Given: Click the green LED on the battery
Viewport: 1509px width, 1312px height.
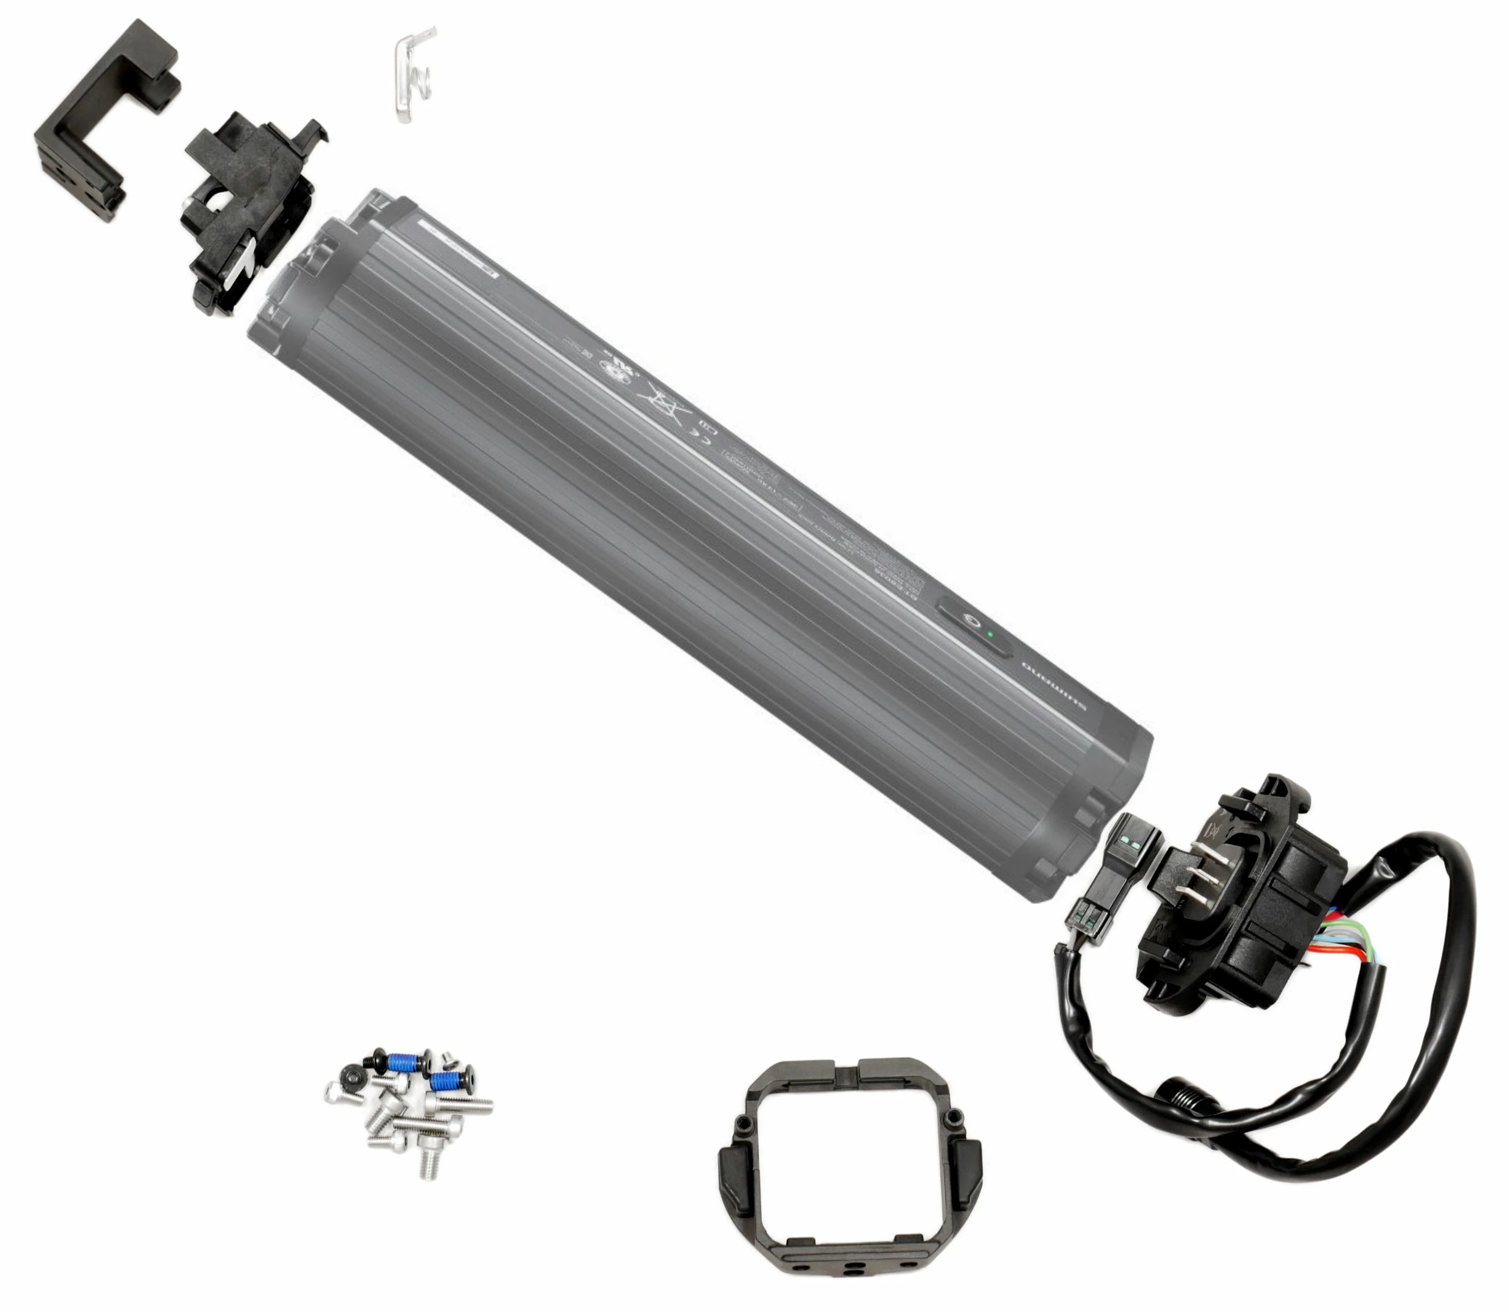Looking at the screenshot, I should [990, 634].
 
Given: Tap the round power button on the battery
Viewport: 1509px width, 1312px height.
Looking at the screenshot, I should [970, 621].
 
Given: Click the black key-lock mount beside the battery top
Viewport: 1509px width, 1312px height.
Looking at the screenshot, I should [245, 213].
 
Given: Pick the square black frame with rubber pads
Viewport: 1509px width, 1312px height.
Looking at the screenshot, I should [849, 1168].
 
